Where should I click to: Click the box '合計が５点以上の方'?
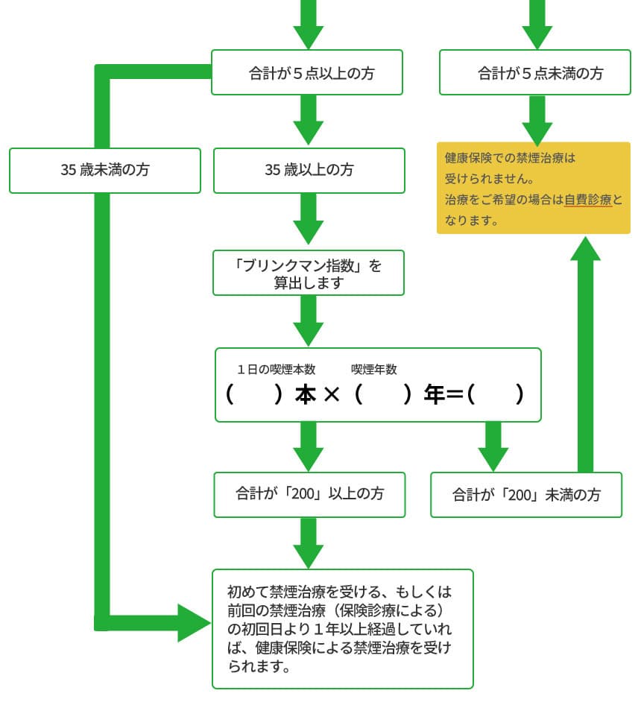tap(307, 72)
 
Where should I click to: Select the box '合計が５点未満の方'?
tap(535, 72)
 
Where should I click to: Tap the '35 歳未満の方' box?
tap(105, 170)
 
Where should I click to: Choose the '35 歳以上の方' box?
tap(309, 170)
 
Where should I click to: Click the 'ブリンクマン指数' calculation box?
tap(309, 273)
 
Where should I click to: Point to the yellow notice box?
tap(534, 188)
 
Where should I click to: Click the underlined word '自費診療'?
tap(588, 200)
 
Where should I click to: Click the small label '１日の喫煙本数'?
tap(277, 369)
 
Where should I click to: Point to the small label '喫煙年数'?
tap(374, 369)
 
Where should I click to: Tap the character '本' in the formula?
tap(306, 395)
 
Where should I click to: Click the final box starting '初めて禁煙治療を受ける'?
tap(343, 628)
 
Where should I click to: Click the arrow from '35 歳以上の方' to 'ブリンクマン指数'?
tap(309, 221)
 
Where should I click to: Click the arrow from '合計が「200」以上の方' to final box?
tap(309, 543)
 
